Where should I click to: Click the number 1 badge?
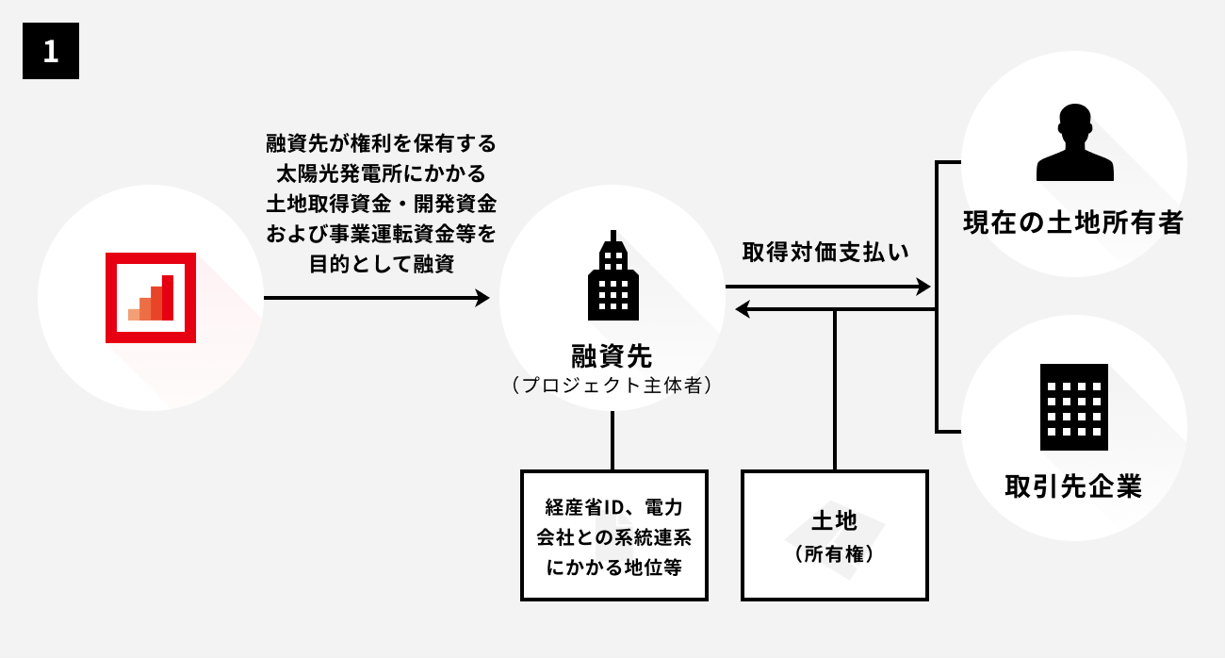click(x=51, y=51)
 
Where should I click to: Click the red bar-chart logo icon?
click(x=151, y=298)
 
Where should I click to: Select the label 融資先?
click(x=612, y=356)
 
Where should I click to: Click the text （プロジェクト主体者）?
click(x=612, y=386)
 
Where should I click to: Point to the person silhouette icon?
click(x=1074, y=143)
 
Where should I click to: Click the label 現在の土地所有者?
click(x=1072, y=223)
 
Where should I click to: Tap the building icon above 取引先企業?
click(x=1073, y=406)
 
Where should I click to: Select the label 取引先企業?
click(x=1073, y=486)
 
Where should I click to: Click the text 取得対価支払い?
click(x=825, y=253)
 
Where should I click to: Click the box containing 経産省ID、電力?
click(x=614, y=535)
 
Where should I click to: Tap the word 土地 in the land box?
click(x=834, y=522)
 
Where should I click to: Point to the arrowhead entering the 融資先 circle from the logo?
click(x=482, y=298)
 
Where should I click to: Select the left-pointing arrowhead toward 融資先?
click(x=743, y=309)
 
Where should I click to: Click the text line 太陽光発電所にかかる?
click(x=381, y=174)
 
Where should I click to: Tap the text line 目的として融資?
click(x=381, y=264)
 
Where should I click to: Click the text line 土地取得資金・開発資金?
click(x=381, y=204)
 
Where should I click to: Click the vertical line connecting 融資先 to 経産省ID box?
click(x=612, y=441)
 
